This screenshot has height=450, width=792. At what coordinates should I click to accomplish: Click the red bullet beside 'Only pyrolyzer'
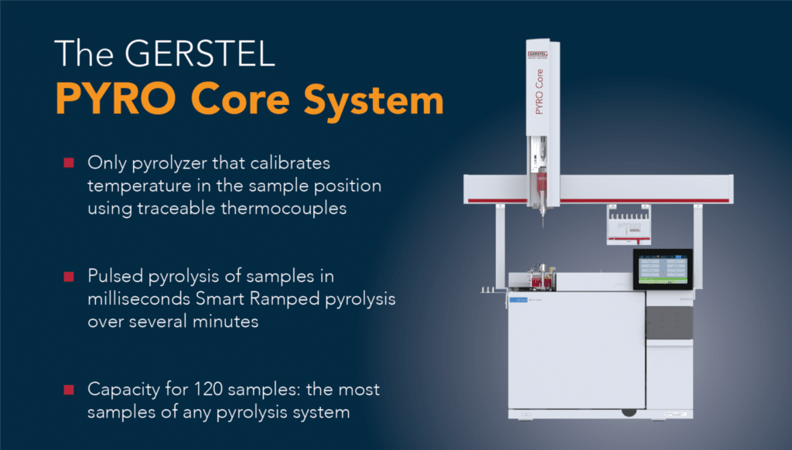(69, 163)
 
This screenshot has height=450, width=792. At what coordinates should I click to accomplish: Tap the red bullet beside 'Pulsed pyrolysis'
(69, 276)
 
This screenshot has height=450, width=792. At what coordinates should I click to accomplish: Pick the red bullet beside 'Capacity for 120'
(69, 389)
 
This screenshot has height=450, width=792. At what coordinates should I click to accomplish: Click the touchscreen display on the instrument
(662, 269)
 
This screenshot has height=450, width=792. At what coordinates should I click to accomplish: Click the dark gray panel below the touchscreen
(668, 323)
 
